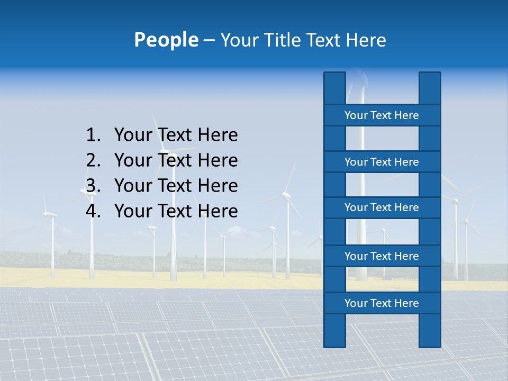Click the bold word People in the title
pyautogui.click(x=166, y=40)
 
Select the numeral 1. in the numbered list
pyautogui.click(x=93, y=135)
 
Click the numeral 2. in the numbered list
pyautogui.click(x=93, y=160)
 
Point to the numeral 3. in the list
pyautogui.click(x=93, y=186)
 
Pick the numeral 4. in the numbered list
pyautogui.click(x=93, y=211)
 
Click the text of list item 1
pyautogui.click(x=176, y=135)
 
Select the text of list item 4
pyautogui.click(x=176, y=211)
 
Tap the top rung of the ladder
pyautogui.click(x=382, y=115)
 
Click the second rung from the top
pyautogui.click(x=382, y=162)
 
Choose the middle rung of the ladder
pyautogui.click(x=382, y=207)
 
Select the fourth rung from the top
pyautogui.click(x=382, y=256)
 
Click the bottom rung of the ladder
pyautogui.click(x=382, y=303)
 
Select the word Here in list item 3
pyautogui.click(x=217, y=186)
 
